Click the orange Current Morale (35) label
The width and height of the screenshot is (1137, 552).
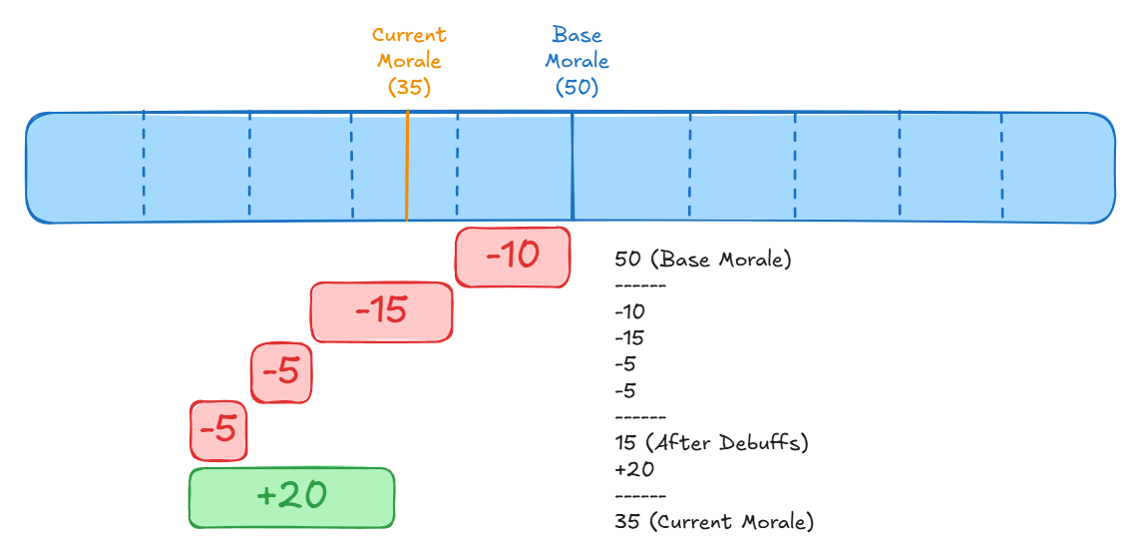[x=409, y=61]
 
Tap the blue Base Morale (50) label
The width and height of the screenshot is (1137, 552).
[x=576, y=61]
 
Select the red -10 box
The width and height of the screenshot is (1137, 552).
[x=513, y=257]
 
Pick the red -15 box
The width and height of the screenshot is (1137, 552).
[x=381, y=311]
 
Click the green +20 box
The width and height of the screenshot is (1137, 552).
[x=291, y=497]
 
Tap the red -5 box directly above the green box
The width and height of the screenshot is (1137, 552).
[x=217, y=430]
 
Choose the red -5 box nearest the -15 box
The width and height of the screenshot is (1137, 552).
[x=280, y=372]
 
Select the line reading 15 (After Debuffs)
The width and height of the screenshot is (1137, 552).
[x=711, y=442]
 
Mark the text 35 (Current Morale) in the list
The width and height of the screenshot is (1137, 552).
[x=714, y=521]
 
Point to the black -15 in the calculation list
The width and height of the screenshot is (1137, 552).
[x=630, y=337]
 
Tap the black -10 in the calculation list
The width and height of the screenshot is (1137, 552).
[x=630, y=311]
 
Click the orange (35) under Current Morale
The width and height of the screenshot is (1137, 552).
[x=409, y=87]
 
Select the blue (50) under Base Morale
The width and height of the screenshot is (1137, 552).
[x=576, y=87]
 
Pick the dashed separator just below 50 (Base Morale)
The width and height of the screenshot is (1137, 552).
[x=640, y=286]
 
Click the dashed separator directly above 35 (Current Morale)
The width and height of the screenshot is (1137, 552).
[x=640, y=495]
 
